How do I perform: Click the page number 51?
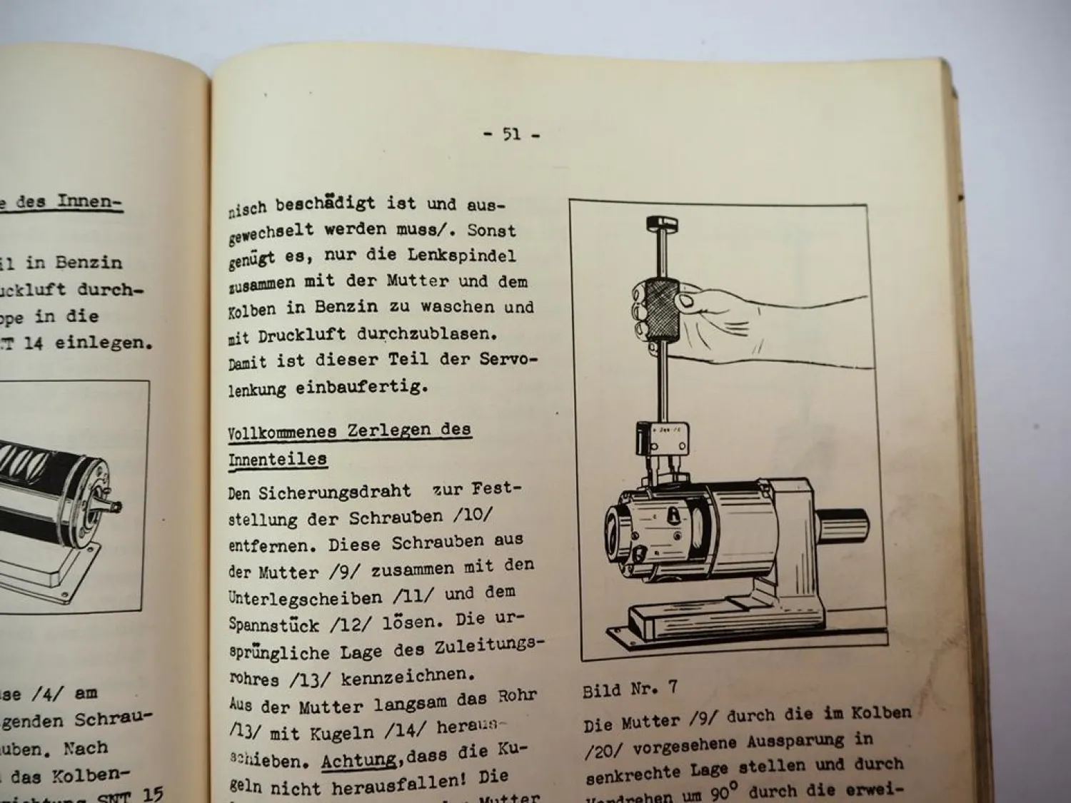click(x=511, y=133)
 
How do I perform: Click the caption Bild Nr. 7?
click(x=630, y=690)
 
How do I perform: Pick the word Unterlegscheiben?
click(x=305, y=598)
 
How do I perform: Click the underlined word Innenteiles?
click(x=277, y=460)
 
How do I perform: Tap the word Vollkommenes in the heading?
click(x=282, y=433)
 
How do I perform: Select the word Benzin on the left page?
click(x=89, y=263)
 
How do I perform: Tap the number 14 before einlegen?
click(x=33, y=343)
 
